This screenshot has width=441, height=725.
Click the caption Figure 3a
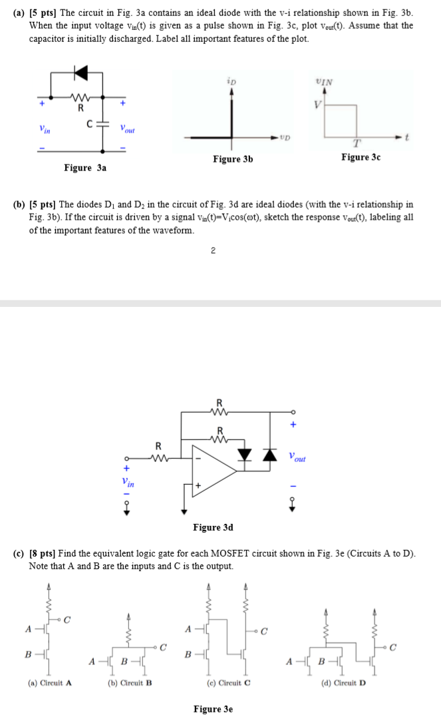click(85, 168)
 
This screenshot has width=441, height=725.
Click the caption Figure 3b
click(233, 159)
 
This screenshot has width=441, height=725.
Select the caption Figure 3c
click(361, 157)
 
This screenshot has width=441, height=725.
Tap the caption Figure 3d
click(213, 527)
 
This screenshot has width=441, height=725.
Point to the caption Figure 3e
click(213, 709)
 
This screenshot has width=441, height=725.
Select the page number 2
click(212, 251)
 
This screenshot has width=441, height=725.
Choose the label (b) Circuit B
click(130, 682)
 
